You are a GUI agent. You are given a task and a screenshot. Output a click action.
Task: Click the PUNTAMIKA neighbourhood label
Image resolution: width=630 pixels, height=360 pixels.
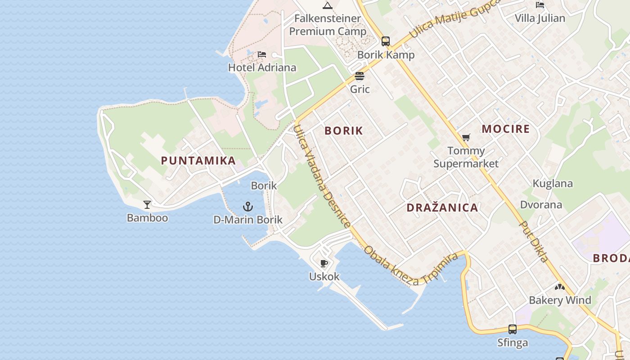[x=198, y=161]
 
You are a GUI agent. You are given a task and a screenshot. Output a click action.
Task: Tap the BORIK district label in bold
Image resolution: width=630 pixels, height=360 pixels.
[x=343, y=131]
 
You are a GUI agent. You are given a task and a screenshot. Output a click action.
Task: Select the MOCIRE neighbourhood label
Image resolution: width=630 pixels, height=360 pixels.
[x=506, y=129]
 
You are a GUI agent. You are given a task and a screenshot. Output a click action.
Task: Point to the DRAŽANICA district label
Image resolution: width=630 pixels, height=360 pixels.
[x=442, y=207]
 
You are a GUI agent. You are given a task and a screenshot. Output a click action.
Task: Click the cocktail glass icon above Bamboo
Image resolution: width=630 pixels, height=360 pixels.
[x=147, y=205]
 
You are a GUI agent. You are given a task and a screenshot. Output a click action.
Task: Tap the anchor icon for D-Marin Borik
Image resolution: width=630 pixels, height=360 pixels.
[x=248, y=207]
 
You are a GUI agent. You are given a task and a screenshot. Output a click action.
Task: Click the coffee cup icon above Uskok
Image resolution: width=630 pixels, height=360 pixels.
[x=324, y=263]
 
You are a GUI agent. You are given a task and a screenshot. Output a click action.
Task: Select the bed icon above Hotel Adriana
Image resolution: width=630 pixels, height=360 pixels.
[x=262, y=54]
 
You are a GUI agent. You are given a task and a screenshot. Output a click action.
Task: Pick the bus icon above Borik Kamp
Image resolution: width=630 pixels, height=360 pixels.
[x=386, y=41]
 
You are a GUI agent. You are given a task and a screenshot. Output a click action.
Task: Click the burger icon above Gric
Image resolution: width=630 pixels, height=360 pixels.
[x=360, y=76]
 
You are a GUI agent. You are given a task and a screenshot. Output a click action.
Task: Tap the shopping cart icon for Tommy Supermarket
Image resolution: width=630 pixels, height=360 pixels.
[x=466, y=137]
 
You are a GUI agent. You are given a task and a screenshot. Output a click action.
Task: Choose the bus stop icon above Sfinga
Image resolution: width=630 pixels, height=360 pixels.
[x=513, y=329]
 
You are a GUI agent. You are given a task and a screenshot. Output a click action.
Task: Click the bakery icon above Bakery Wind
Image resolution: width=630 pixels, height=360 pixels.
[x=560, y=287]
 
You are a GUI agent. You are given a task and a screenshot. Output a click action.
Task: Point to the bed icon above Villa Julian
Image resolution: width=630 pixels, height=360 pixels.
[x=540, y=5]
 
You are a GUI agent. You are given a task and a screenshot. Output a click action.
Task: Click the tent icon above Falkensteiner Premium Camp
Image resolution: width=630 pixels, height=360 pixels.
[x=327, y=5]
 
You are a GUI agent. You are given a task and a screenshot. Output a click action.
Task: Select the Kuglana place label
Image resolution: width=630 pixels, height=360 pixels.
[x=553, y=184]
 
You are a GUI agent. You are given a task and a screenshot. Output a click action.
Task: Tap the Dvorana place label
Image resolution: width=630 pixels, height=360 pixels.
[x=541, y=205]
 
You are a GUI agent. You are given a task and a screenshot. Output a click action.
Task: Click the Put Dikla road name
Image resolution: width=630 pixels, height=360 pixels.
[x=534, y=241]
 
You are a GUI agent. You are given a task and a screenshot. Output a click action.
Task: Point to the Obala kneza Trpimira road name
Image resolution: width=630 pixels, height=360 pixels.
[x=410, y=265]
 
